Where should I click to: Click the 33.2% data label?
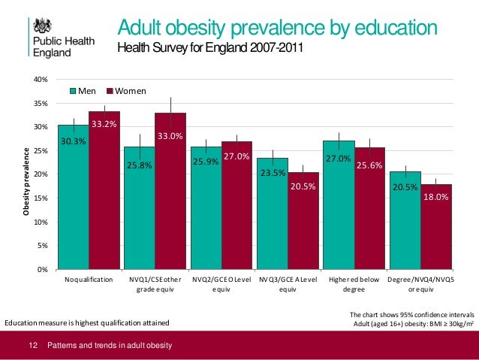[x=104, y=124]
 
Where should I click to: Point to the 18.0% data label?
[x=436, y=197]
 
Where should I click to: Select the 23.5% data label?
[x=272, y=173]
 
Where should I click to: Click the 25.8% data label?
[x=139, y=165]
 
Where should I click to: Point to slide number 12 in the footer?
[x=32, y=346]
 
